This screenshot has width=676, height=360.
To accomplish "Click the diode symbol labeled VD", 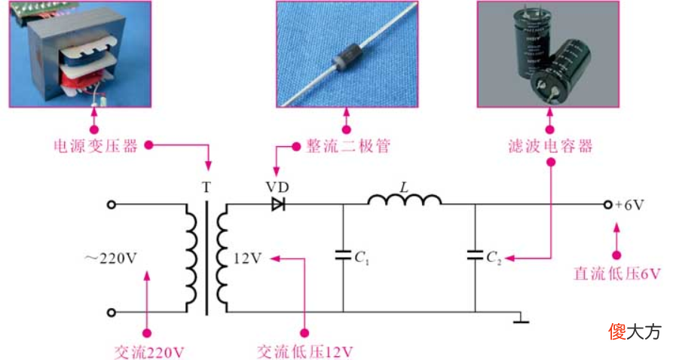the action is (278, 205).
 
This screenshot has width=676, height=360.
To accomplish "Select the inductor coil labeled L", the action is (405, 200).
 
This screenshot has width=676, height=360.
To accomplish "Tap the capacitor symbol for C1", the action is (343, 255).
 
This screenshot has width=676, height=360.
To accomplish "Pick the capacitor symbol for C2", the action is (475, 255).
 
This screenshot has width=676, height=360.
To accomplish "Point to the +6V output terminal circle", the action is (608, 205).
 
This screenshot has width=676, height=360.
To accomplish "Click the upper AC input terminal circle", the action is (112, 205).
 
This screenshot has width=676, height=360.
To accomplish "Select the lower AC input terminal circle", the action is (112, 313).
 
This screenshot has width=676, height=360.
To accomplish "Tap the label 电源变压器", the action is (96, 146).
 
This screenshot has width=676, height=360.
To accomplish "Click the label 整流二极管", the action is (348, 146).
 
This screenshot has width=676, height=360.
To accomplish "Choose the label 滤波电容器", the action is (551, 146).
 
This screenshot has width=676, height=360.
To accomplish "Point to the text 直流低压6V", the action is (617, 274).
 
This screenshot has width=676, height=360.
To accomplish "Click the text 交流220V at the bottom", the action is (149, 352).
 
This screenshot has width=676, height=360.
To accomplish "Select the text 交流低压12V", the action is (305, 352).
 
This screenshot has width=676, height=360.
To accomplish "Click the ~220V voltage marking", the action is (110, 258).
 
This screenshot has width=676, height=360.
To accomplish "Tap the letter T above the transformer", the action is (206, 188).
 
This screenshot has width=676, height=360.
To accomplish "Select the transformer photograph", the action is (80, 53).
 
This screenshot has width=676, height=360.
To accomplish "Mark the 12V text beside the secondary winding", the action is (248, 258).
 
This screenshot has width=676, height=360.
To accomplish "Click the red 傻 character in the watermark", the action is (617, 331).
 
